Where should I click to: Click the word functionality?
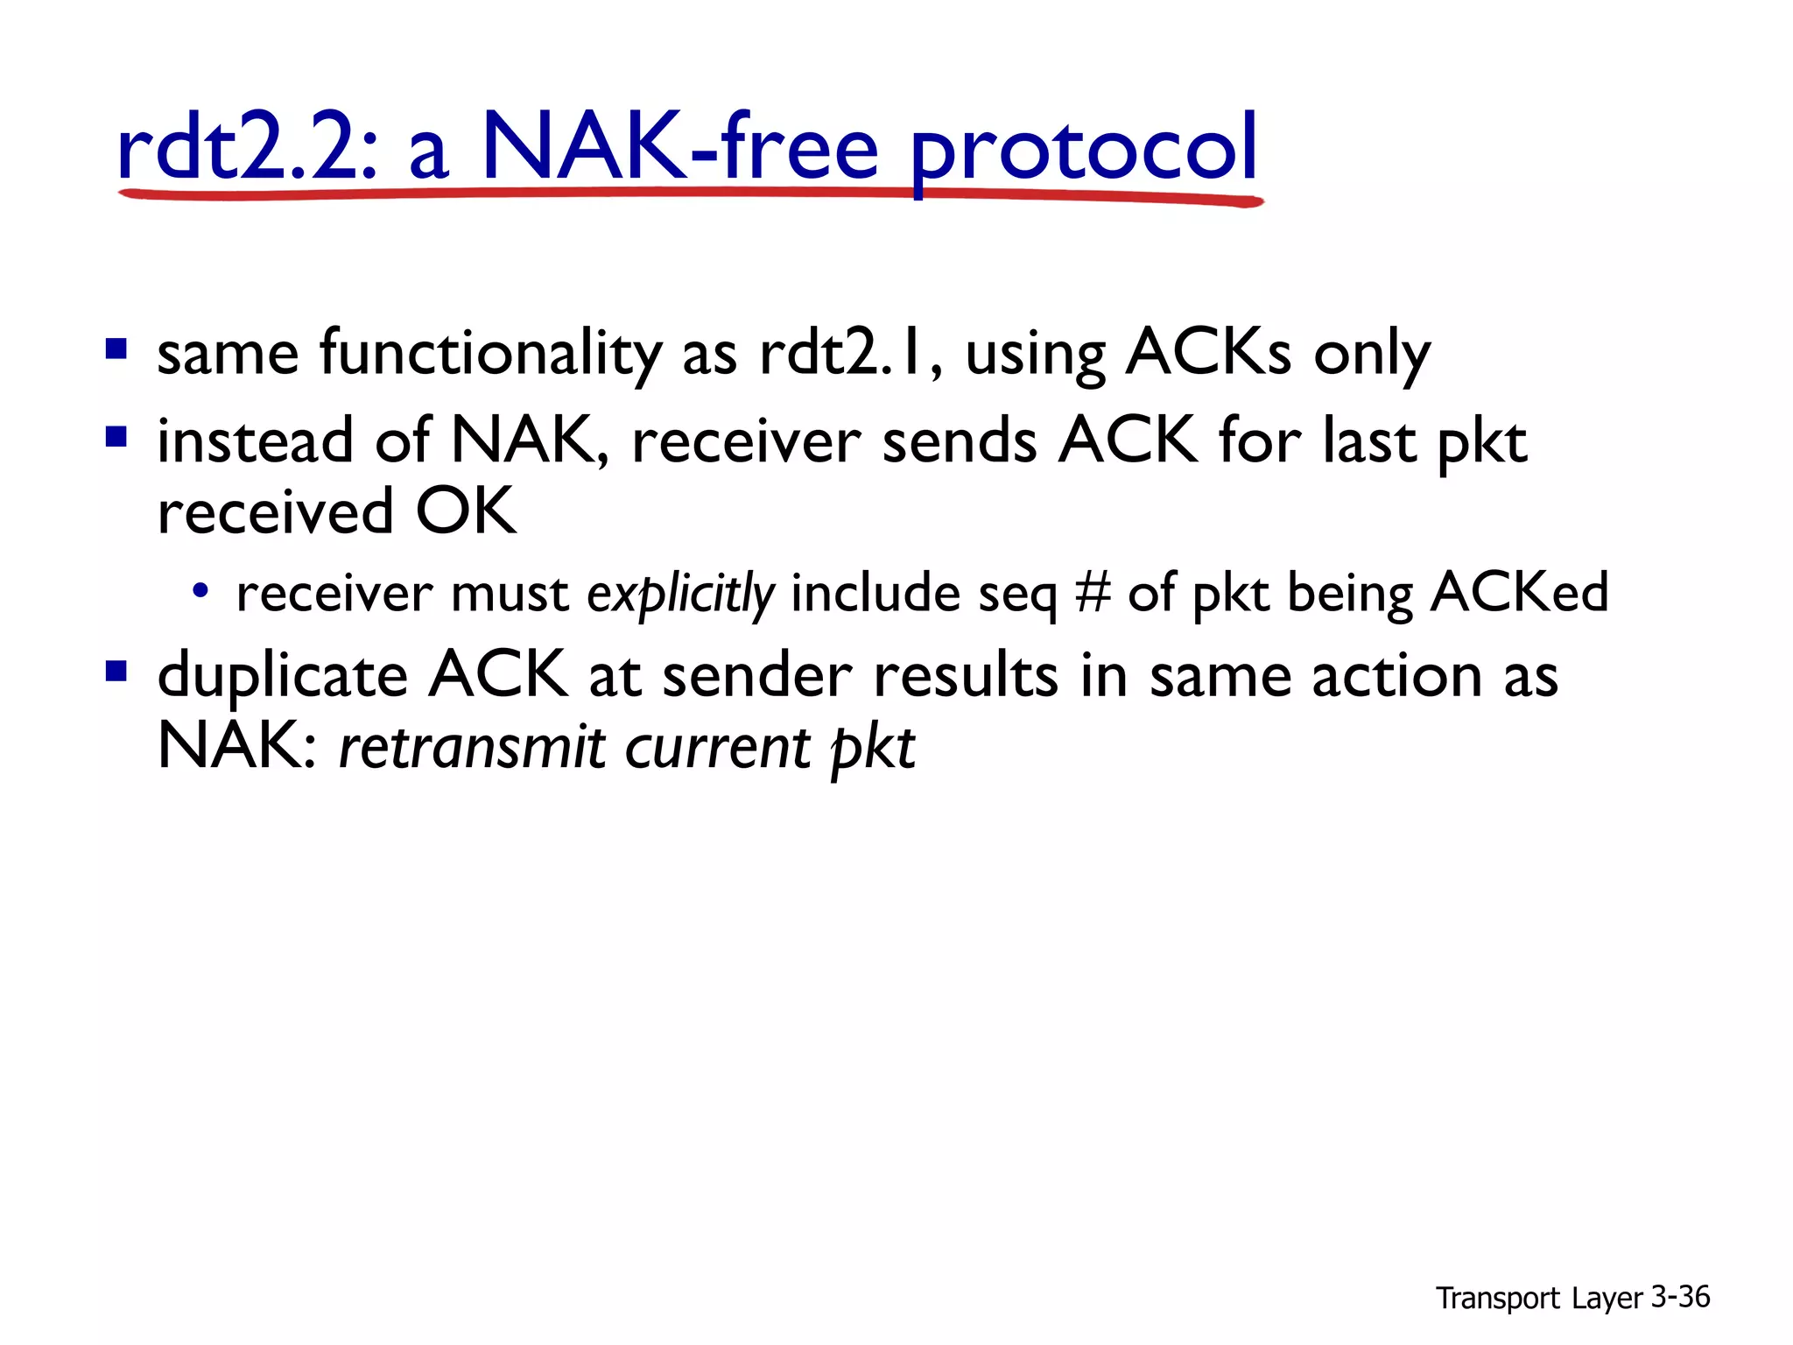490,354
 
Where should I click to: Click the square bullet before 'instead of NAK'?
116,436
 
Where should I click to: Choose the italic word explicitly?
680,594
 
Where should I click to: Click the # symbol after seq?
1093,593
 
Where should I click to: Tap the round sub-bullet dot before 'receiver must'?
200,590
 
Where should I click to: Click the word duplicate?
282,677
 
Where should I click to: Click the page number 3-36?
1680,1297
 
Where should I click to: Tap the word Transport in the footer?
1497,1299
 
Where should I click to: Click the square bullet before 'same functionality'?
116,350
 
